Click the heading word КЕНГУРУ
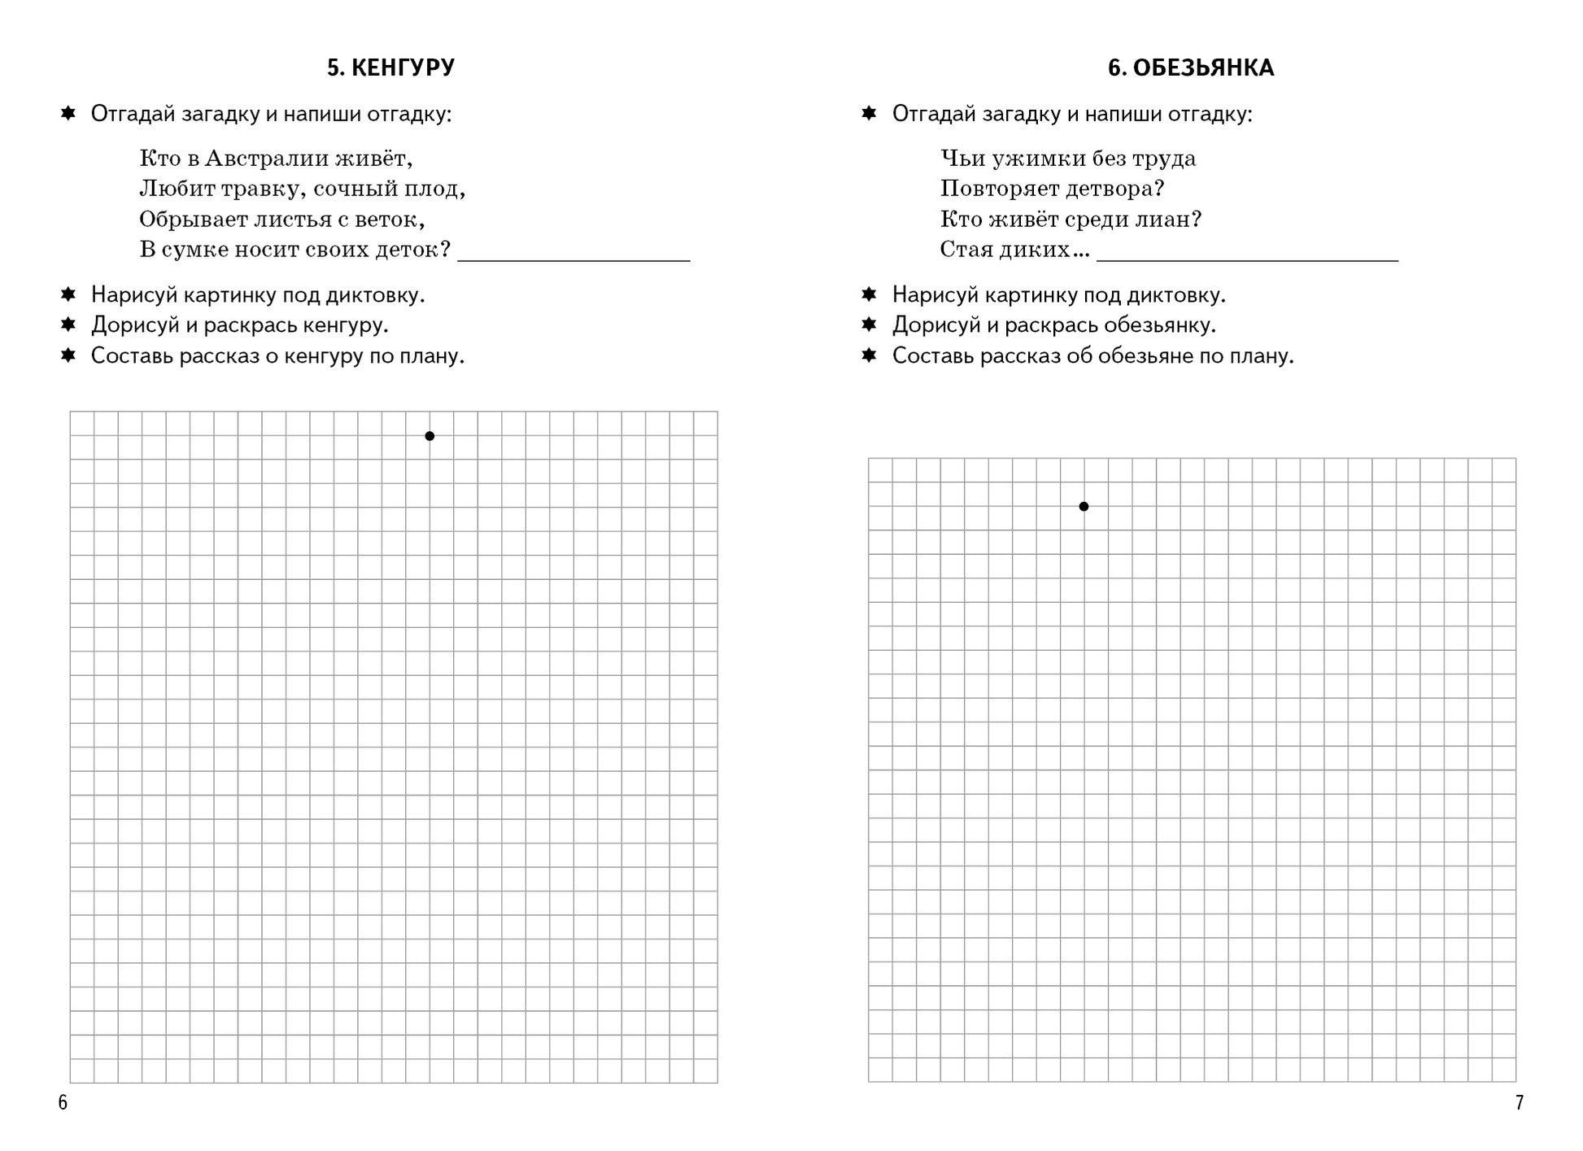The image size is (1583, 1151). [x=403, y=68]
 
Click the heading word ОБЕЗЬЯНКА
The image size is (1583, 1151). [x=1203, y=68]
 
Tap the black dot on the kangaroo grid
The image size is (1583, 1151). [x=430, y=436]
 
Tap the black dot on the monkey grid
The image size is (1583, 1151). [x=1084, y=507]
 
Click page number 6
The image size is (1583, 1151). [x=63, y=1103]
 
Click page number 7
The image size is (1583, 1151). [x=1519, y=1103]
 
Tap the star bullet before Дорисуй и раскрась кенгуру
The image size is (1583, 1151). [x=68, y=325]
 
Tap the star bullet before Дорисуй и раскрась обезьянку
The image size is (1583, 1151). [x=869, y=325]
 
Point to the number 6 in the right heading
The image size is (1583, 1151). [x=1114, y=68]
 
